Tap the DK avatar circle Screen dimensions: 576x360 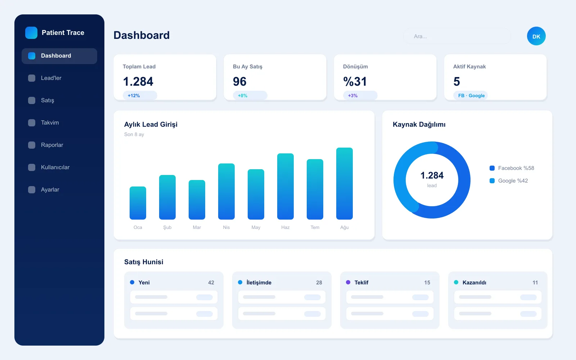[x=536, y=36]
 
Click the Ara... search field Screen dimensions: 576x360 [x=457, y=36]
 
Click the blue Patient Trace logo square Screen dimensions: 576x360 [x=31, y=33]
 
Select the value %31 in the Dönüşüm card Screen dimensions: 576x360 [x=355, y=81]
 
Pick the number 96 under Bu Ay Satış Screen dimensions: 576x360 [x=240, y=81]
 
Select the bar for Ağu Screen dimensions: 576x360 [x=344, y=184]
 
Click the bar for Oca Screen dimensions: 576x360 [x=138, y=203]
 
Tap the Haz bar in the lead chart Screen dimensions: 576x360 [x=285, y=186]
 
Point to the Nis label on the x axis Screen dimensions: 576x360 [x=226, y=227]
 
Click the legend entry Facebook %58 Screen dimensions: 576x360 [x=512, y=168]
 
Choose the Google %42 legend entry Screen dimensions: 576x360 [x=509, y=181]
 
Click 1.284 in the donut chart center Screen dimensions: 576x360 [x=432, y=175]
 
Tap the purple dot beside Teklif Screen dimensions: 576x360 [x=348, y=282]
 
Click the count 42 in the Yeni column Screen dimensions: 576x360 [x=211, y=283]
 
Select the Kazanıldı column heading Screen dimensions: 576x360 [x=474, y=283]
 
